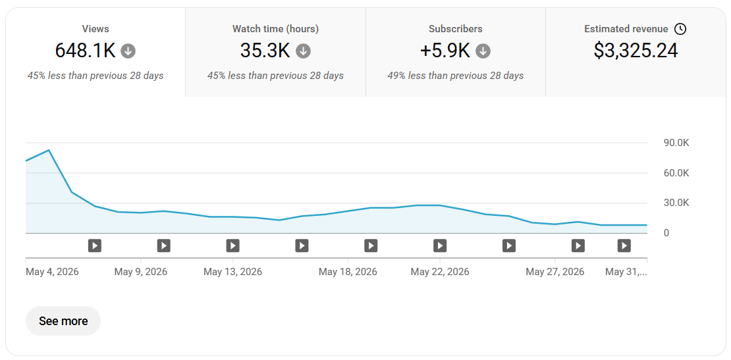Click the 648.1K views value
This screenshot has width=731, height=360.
click(86, 50)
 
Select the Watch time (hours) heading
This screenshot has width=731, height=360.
click(275, 29)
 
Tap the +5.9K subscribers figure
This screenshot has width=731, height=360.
click(445, 50)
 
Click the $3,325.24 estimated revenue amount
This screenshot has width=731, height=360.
click(636, 50)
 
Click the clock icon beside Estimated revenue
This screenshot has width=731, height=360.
click(681, 29)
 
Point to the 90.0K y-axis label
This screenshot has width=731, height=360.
click(676, 143)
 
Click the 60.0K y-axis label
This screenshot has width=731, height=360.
click(676, 173)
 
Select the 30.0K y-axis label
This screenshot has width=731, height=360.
click(676, 203)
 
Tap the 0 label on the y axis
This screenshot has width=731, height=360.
click(666, 233)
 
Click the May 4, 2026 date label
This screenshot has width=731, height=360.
click(52, 272)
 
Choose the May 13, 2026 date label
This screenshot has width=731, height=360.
click(232, 272)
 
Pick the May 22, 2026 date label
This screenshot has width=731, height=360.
click(440, 272)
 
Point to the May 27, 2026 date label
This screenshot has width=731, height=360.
click(555, 272)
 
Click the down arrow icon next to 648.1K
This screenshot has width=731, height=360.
click(128, 51)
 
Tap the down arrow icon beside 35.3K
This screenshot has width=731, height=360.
click(304, 51)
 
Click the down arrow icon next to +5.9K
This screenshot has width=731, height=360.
click(483, 51)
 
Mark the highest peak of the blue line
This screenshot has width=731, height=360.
click(49, 150)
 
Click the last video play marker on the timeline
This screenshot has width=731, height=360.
click(624, 245)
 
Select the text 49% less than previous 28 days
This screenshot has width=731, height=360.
click(456, 76)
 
